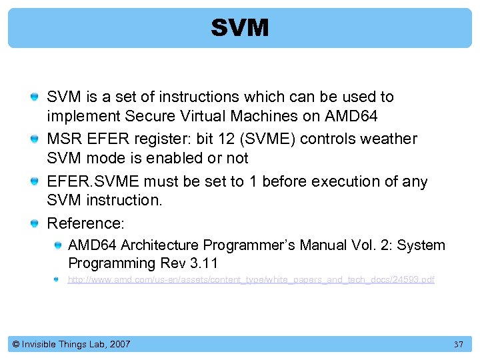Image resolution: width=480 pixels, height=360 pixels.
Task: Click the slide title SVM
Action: (x=240, y=28)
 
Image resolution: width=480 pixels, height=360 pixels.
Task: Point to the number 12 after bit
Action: (x=219, y=139)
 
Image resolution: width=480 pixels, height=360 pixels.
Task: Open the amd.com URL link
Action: (x=251, y=280)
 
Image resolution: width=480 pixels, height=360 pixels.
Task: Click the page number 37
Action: (x=458, y=345)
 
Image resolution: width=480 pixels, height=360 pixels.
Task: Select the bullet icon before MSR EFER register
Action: (x=34, y=139)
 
